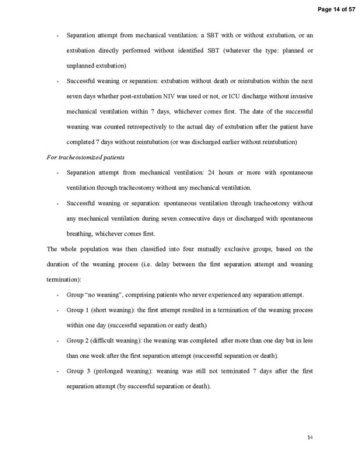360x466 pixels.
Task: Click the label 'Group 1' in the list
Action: pos(79,309)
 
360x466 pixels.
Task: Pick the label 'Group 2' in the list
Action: pos(79,340)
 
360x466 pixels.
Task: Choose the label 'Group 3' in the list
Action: pos(79,371)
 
